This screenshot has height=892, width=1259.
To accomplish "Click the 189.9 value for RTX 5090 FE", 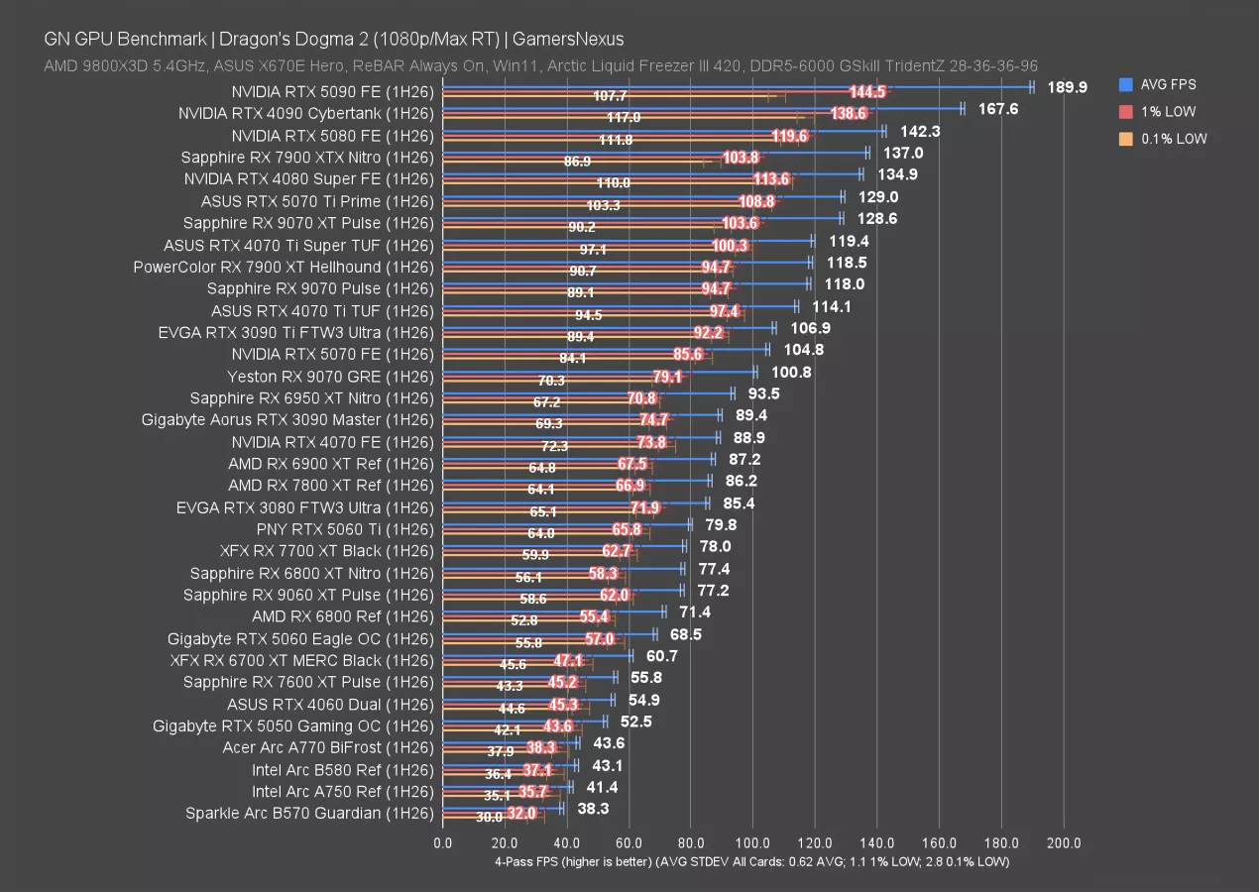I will (x=1067, y=87).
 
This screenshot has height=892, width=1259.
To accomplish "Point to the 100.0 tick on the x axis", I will (x=752, y=843).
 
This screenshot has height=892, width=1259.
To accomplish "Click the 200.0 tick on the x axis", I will (x=1064, y=843).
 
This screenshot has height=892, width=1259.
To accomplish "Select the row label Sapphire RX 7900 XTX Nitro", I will (x=307, y=157).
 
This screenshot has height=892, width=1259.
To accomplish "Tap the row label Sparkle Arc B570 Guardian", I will (x=309, y=813).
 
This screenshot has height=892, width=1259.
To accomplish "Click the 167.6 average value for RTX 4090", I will (x=998, y=109).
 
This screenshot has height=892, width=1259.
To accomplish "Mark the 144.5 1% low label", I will (x=867, y=91).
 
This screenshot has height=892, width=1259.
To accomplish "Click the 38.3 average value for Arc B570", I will (x=593, y=809).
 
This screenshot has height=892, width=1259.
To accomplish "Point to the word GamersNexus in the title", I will (x=568, y=40).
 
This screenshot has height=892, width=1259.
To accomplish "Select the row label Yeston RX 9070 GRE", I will (x=330, y=376).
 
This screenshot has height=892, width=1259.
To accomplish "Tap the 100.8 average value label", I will (x=791, y=372).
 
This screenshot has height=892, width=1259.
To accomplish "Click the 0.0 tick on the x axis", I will (x=442, y=843).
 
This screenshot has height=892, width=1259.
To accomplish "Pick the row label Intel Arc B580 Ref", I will (x=343, y=769).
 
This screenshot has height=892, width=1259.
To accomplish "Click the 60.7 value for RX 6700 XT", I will (x=661, y=656).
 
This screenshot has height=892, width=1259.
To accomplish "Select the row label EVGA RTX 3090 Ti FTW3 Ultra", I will (x=296, y=332).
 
